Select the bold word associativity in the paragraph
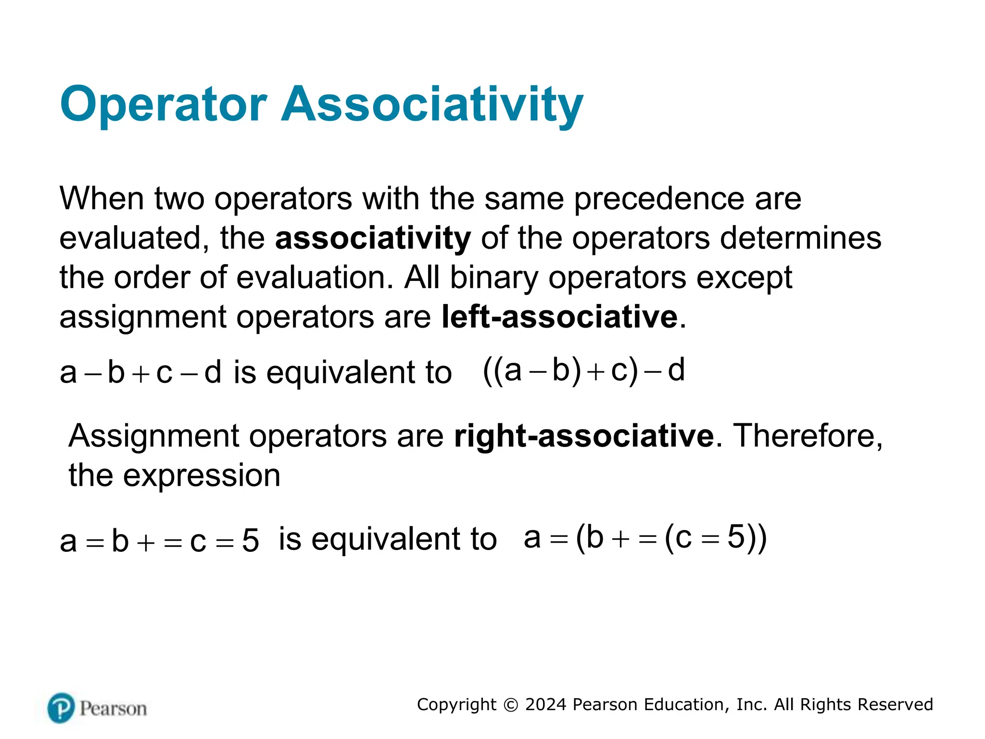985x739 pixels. pos(373,238)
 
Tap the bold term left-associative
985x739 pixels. pos(559,317)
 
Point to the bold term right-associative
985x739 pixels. pos(583,436)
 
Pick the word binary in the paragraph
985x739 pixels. pos(494,278)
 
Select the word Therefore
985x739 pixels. pos(808,436)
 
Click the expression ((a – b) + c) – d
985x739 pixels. pos(583,371)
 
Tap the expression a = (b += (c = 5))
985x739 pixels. pos(644,538)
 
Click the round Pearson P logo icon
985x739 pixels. pos(61,708)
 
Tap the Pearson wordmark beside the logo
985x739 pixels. pos(114,709)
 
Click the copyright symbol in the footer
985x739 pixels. pos(510,705)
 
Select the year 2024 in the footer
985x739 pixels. pos(546,705)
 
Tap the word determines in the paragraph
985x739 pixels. pos(801,238)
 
